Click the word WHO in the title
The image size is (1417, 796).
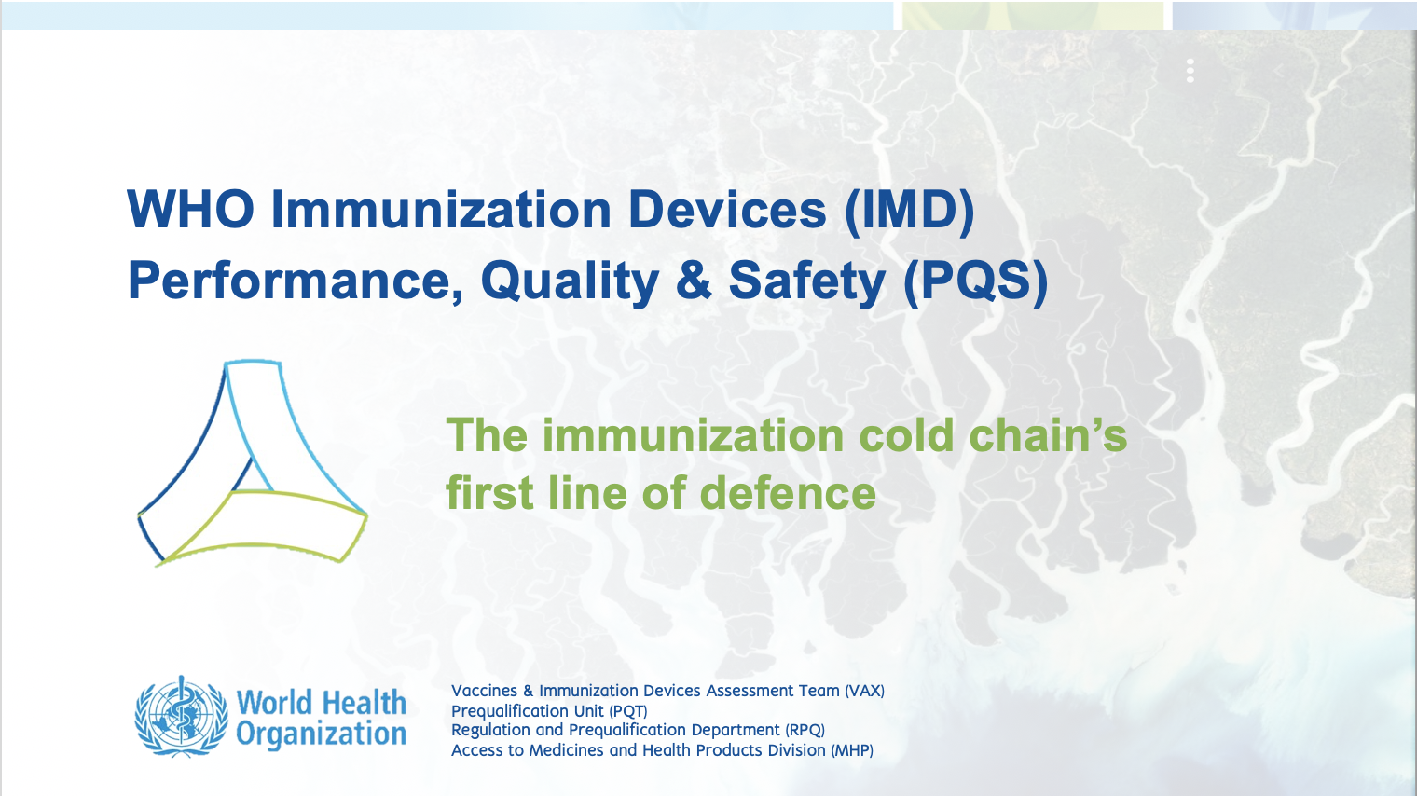click(x=190, y=210)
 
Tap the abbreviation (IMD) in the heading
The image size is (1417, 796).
click(x=910, y=211)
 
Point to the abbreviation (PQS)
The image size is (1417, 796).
click(x=975, y=281)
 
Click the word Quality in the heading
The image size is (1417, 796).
click(x=570, y=282)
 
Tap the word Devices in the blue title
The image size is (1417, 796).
click(x=727, y=210)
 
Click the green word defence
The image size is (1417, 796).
click(x=788, y=492)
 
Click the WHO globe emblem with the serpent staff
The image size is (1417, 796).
click(x=181, y=716)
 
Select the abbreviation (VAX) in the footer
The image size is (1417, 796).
click(x=864, y=691)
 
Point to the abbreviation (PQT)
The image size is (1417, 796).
click(x=628, y=710)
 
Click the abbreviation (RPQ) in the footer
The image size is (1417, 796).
click(x=805, y=730)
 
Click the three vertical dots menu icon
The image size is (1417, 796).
click(x=1190, y=71)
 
